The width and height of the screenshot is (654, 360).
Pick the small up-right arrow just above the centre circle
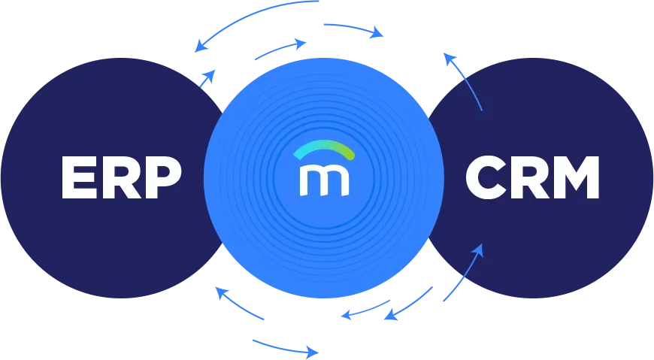coord(279,50)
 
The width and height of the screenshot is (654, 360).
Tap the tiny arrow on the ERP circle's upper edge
coord(207,76)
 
